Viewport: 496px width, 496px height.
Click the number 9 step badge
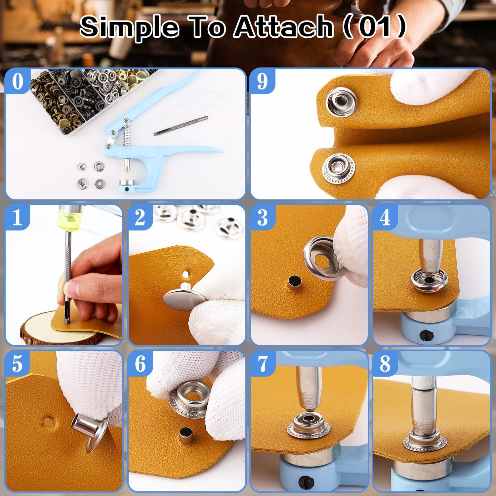(262, 81)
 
